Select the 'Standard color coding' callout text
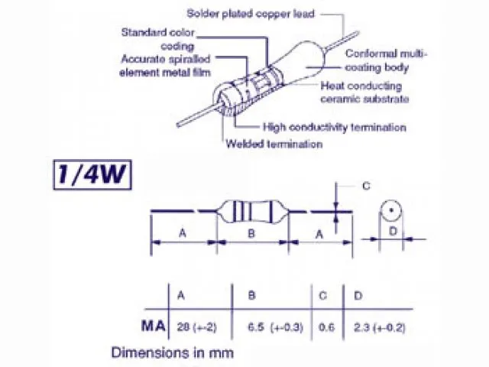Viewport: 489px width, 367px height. pyautogui.click(x=158, y=38)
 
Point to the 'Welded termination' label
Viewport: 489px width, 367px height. pyautogui.click(x=274, y=144)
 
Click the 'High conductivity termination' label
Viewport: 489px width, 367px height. pyautogui.click(x=334, y=127)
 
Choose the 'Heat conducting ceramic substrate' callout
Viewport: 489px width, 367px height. pyautogui.click(x=364, y=93)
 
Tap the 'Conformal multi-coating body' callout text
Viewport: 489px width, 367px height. pyautogui.click(x=386, y=60)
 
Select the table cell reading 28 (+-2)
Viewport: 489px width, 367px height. pyautogui.click(x=196, y=327)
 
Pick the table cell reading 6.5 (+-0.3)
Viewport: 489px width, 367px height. pyautogui.click(x=275, y=327)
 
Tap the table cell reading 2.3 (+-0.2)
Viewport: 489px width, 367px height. pyautogui.click(x=380, y=327)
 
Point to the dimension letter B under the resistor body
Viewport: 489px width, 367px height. pyautogui.click(x=251, y=234)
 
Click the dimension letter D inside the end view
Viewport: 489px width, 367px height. pyautogui.click(x=390, y=230)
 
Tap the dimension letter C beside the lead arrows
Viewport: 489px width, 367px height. pyautogui.click(x=366, y=186)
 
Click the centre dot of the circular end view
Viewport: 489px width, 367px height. pyautogui.click(x=390, y=209)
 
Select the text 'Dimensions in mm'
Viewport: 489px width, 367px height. pyautogui.click(x=172, y=352)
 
